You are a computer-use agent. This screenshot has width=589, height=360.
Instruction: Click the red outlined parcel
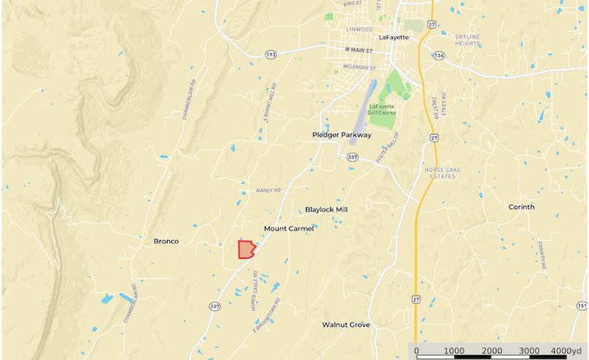pyautogui.click(x=246, y=250)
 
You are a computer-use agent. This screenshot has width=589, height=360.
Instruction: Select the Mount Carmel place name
pyautogui.click(x=289, y=228)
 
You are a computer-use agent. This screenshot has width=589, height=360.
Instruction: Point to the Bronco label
pyautogui.click(x=166, y=240)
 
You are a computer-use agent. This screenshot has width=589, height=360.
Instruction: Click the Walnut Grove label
pyautogui.click(x=346, y=324)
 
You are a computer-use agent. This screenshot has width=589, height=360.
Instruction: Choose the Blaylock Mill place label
pyautogui.click(x=326, y=209)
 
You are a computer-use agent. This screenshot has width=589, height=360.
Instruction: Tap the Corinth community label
pyautogui.click(x=521, y=207)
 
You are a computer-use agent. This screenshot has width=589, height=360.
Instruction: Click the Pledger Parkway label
pyautogui.click(x=342, y=135)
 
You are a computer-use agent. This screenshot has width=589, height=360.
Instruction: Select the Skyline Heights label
pyautogui.click(x=467, y=40)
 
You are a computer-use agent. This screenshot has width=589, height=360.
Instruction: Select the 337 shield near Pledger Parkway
pyautogui.click(x=353, y=157)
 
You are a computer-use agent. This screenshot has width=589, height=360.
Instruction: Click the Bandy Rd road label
pyautogui.click(x=268, y=190)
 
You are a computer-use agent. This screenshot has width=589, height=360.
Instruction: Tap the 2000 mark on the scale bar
pyautogui.click(x=492, y=351)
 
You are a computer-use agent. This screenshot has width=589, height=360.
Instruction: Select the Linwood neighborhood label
pyautogui.click(x=360, y=29)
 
